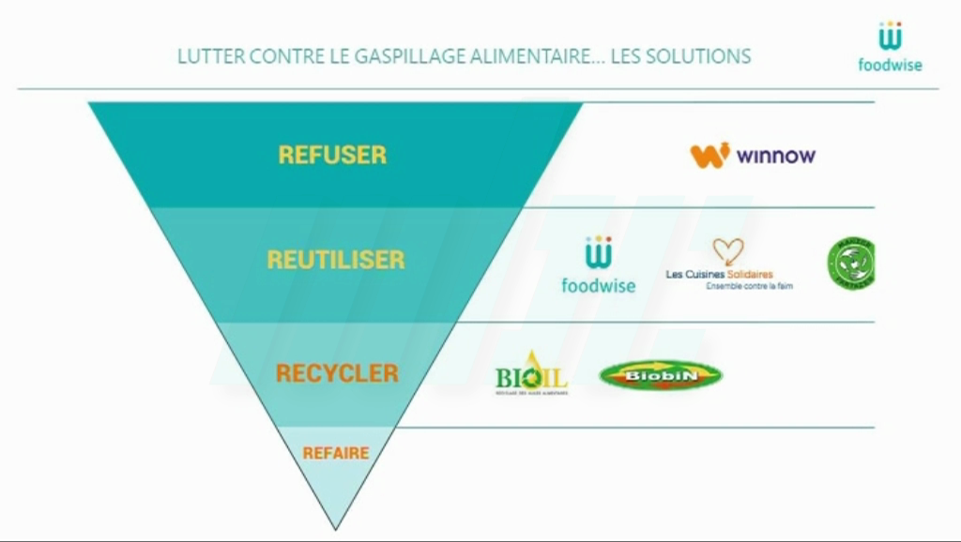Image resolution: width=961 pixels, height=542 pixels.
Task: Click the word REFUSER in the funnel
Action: click(x=332, y=155)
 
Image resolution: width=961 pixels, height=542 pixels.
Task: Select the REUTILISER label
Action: click(x=335, y=260)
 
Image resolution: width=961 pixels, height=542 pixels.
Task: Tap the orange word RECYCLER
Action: click(x=337, y=373)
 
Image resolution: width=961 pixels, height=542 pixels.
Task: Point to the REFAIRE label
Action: click(x=335, y=453)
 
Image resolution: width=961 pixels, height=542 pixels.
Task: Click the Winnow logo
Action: click(x=753, y=156)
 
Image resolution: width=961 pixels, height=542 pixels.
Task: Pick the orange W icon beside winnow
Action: click(x=709, y=155)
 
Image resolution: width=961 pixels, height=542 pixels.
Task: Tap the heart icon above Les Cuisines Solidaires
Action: click(x=727, y=251)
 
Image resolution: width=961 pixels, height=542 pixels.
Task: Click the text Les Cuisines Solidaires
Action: click(x=719, y=274)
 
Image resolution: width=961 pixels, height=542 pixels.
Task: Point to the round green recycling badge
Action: click(x=851, y=262)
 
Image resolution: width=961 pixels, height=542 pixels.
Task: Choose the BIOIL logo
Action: click(x=531, y=374)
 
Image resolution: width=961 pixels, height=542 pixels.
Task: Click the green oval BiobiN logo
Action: click(x=661, y=375)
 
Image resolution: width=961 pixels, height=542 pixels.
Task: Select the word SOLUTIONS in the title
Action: click(x=695, y=56)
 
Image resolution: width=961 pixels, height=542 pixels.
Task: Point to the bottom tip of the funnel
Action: click(x=335, y=527)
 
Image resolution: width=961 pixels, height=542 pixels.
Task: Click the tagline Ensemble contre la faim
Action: click(x=749, y=286)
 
